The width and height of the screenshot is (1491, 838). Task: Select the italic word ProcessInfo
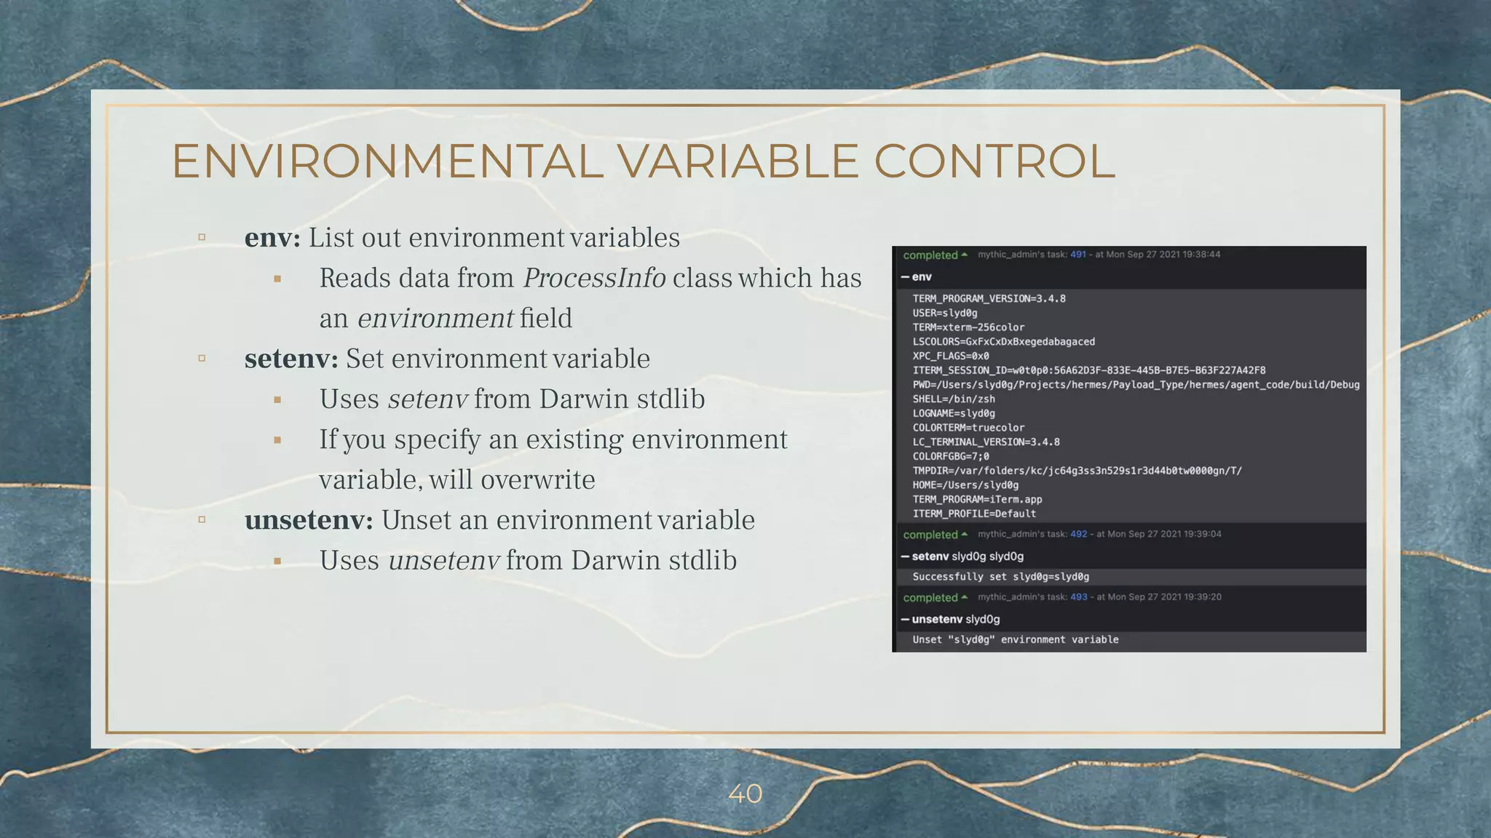594,278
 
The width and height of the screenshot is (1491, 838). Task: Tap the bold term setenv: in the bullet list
291,359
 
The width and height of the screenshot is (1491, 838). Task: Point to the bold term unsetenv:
309,520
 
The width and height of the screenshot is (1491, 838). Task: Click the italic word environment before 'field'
435,319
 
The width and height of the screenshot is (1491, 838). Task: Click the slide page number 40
745,794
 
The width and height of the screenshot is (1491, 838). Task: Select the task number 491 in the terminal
1078,255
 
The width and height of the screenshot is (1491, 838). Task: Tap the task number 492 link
1078,534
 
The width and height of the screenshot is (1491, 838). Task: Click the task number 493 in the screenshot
1078,597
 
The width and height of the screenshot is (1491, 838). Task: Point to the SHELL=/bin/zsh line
954,399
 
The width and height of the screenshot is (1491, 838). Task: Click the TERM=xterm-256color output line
968,327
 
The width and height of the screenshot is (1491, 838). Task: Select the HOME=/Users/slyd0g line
965,485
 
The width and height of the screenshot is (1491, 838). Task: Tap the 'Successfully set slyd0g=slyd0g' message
1000,577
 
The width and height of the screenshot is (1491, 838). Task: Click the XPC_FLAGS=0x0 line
951,356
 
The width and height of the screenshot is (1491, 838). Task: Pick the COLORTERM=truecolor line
968,428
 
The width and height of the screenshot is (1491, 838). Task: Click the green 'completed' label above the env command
930,255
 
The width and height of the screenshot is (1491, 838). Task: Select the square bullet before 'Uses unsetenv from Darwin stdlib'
277,561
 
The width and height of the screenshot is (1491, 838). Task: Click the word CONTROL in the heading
994,161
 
